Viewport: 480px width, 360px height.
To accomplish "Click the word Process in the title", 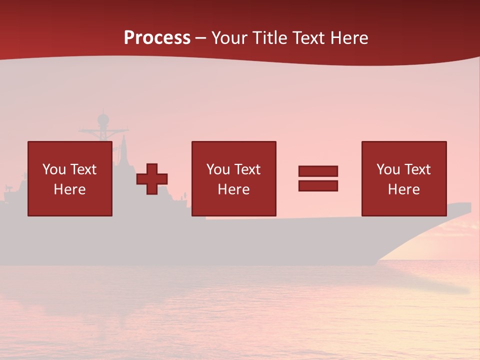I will (x=157, y=38).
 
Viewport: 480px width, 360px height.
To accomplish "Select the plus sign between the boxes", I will (x=152, y=179).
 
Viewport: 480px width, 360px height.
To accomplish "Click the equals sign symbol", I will (x=318, y=178).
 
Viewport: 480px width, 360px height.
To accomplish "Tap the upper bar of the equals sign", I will (x=318, y=171).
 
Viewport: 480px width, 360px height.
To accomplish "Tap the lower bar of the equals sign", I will (x=318, y=185).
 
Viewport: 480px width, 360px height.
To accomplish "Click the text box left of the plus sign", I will (x=70, y=178).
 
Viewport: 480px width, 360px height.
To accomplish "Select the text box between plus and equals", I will (x=233, y=178).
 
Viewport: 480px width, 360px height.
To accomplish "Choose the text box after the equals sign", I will (x=404, y=178).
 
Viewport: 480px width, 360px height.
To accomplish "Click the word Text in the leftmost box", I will (x=83, y=169).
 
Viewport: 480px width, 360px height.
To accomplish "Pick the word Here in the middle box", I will (x=233, y=189).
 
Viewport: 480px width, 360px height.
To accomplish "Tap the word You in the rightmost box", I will (x=388, y=169).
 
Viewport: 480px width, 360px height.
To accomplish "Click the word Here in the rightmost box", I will (x=404, y=189).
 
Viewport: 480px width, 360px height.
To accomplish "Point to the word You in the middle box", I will (x=218, y=169).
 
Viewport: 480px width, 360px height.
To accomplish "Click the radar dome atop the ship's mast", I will (x=103, y=119).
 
